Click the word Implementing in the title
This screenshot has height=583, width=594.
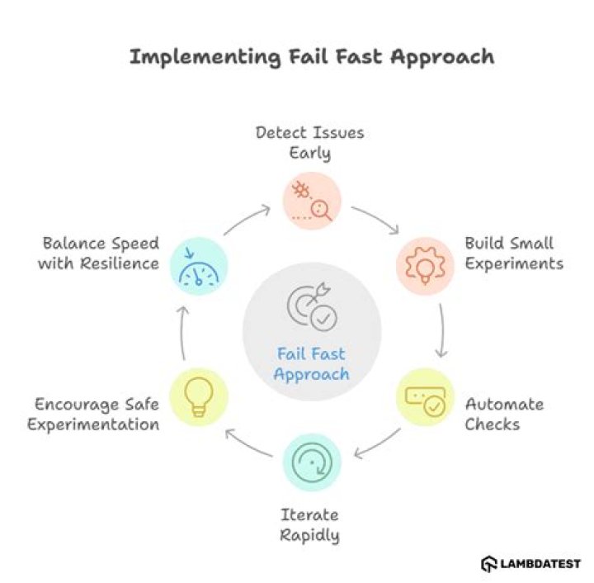[x=205, y=58]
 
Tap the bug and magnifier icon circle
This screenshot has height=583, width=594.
[x=312, y=201]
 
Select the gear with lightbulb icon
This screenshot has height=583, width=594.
[x=425, y=266]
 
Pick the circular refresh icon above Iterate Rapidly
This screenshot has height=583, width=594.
[x=312, y=462]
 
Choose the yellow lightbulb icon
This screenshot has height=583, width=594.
[x=199, y=397]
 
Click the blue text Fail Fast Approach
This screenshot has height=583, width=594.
[x=311, y=364]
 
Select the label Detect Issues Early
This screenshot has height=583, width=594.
[x=310, y=144]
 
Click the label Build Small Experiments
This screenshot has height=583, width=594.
[x=514, y=254]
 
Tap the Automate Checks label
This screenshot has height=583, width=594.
[x=504, y=415]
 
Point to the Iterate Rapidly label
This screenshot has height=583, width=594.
[x=309, y=525]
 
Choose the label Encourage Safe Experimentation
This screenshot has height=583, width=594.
[x=93, y=415]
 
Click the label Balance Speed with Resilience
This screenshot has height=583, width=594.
[x=98, y=254]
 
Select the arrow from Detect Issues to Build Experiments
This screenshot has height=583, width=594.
[x=376, y=218]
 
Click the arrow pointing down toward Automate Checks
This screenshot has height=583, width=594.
[x=441, y=330]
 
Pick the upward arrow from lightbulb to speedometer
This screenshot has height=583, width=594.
[x=183, y=333]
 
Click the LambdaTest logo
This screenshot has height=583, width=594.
[x=530, y=564]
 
